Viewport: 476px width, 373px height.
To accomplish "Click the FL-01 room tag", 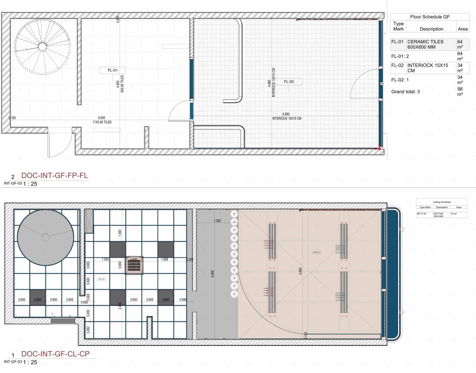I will pyautogui.click(x=113, y=70).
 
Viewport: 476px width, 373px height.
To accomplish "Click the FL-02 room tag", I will pyautogui.click(x=288, y=82).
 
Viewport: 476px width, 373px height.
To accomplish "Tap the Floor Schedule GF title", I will pyautogui.click(x=431, y=17).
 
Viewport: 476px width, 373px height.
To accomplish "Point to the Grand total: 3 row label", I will pyautogui.click(x=406, y=91).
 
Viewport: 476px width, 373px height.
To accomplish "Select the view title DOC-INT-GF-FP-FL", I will pyautogui.click(x=54, y=176).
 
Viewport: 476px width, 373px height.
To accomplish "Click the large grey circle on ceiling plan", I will pyautogui.click(x=45, y=237).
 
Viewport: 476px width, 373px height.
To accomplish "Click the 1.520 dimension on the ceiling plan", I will pyautogui.click(x=217, y=221).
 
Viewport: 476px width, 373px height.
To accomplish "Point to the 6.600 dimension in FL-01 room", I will pyautogui.click(x=101, y=118).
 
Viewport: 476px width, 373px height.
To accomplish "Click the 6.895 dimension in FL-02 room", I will pyautogui.click(x=286, y=114).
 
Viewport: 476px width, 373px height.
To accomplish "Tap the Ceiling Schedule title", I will pyautogui.click(x=441, y=201).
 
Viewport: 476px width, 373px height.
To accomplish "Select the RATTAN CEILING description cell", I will pyautogui.click(x=438, y=214).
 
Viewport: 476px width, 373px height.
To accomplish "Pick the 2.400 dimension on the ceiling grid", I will pyautogui.click(x=119, y=304).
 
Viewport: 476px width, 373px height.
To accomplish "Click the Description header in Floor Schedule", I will pyautogui.click(x=431, y=29).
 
